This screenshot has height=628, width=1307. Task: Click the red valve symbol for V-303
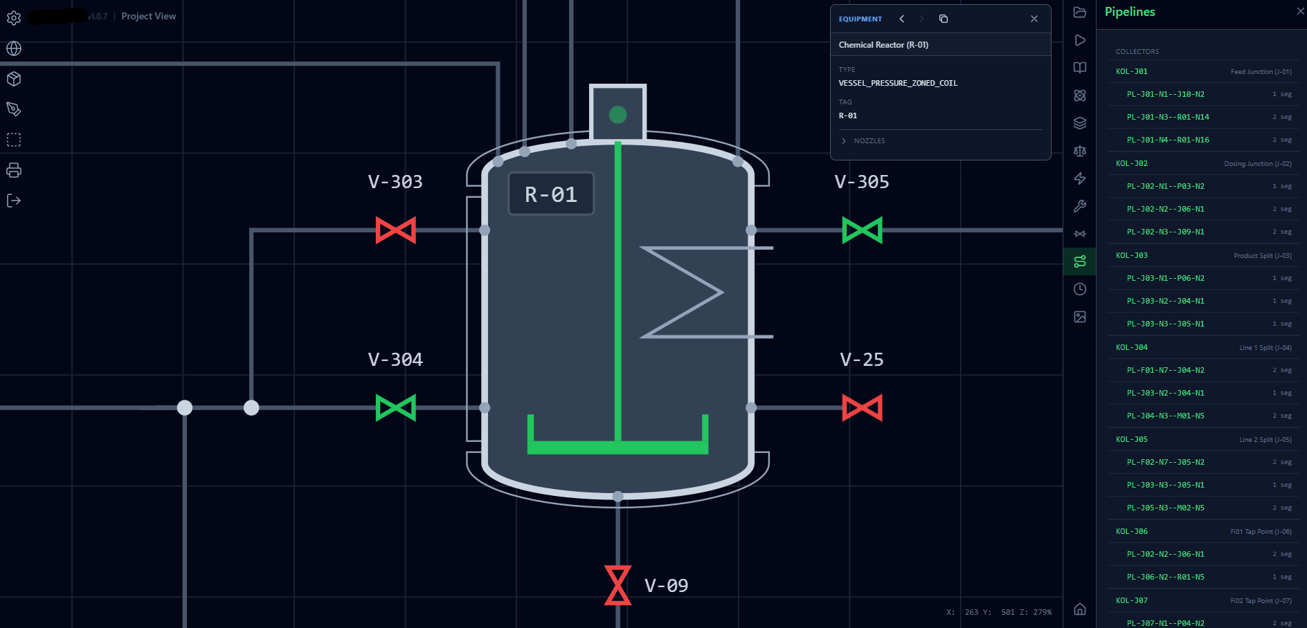[395, 230]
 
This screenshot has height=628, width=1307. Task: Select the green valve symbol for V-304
[395, 408]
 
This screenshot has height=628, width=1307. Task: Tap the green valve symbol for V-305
[862, 230]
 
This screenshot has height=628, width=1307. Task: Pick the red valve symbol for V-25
[862, 408]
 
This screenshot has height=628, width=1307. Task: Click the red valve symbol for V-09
[618, 585]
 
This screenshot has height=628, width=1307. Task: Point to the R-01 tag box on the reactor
[551, 194]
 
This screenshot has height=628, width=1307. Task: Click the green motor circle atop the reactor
[618, 115]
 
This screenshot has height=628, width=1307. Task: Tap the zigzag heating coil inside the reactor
[685, 292]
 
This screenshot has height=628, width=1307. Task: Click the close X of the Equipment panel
[1034, 19]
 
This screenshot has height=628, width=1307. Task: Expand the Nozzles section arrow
[844, 141]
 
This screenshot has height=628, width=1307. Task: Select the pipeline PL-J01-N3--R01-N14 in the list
[1168, 117]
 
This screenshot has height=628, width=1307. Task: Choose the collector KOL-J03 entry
[1132, 255]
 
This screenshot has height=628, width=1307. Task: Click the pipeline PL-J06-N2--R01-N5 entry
[1165, 577]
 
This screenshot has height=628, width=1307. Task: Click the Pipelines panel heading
[1130, 12]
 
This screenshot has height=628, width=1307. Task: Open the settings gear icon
[14, 18]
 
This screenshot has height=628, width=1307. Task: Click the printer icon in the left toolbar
[14, 170]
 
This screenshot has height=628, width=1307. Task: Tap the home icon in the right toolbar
[1080, 609]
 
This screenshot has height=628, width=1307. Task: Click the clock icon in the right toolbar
[1080, 289]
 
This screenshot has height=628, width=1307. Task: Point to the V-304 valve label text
[395, 360]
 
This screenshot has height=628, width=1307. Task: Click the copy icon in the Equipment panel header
[943, 19]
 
